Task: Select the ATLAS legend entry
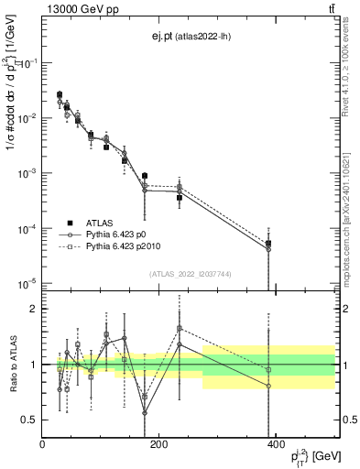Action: (x=101, y=223)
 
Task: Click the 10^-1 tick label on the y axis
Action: (x=27, y=62)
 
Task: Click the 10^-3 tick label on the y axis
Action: (x=27, y=173)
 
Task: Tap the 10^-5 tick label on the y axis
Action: (x=27, y=284)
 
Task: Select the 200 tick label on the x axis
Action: (x=158, y=445)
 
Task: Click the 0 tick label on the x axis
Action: (x=43, y=445)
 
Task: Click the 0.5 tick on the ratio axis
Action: (x=31, y=420)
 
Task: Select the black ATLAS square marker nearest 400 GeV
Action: (x=268, y=244)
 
